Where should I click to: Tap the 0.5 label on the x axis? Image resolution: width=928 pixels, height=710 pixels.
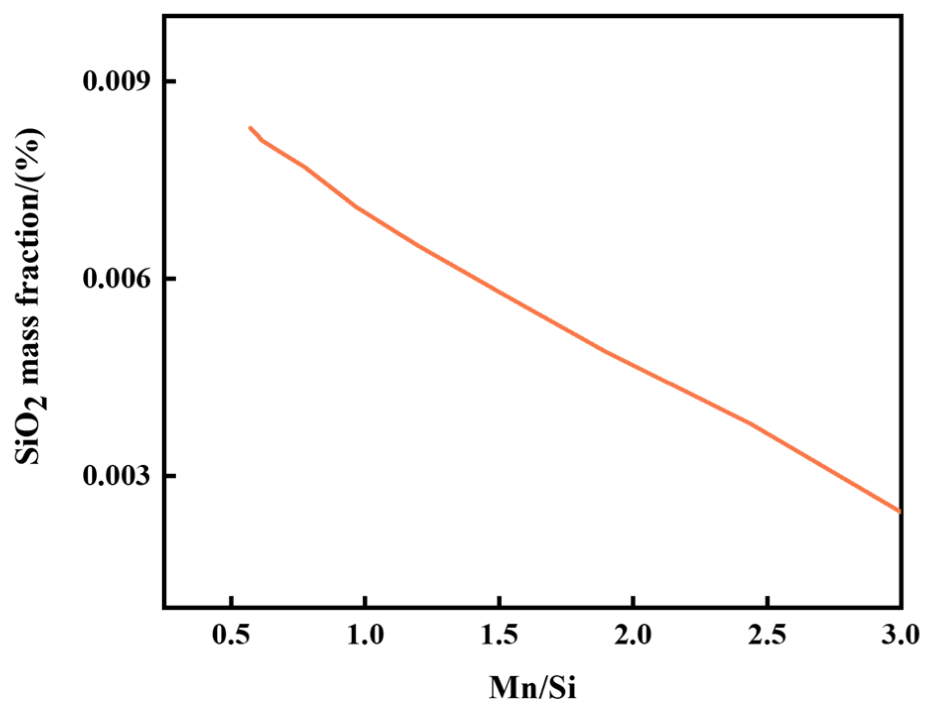231,635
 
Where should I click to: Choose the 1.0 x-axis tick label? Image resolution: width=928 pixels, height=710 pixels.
365,635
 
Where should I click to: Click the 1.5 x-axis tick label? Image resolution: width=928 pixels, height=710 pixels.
499,635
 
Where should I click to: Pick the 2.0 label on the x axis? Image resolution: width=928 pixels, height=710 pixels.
633,635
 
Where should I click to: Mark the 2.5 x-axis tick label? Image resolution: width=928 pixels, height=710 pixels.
767,635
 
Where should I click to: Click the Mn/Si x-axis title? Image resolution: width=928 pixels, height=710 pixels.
533,688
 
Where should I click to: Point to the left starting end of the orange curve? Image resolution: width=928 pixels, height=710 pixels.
250,128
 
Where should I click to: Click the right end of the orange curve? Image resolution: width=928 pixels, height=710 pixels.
899,511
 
